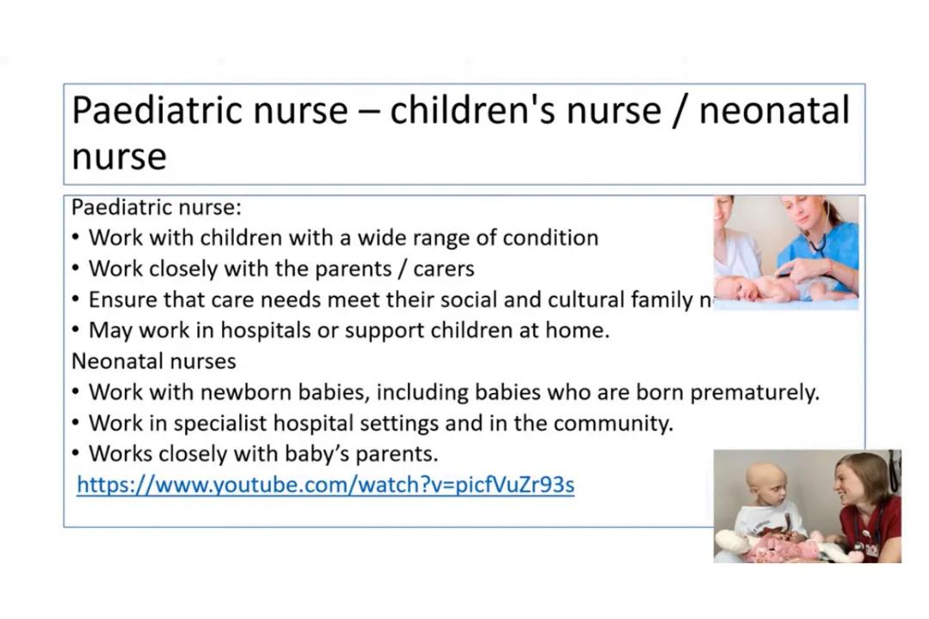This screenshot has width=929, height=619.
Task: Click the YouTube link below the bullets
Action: [x=325, y=485]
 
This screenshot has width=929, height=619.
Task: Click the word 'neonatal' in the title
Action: [x=773, y=111]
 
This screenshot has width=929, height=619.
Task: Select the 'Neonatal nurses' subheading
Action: [x=153, y=360]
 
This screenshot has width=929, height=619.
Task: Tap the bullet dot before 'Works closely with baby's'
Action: [x=77, y=454]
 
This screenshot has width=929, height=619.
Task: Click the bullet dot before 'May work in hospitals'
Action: [x=77, y=330]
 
